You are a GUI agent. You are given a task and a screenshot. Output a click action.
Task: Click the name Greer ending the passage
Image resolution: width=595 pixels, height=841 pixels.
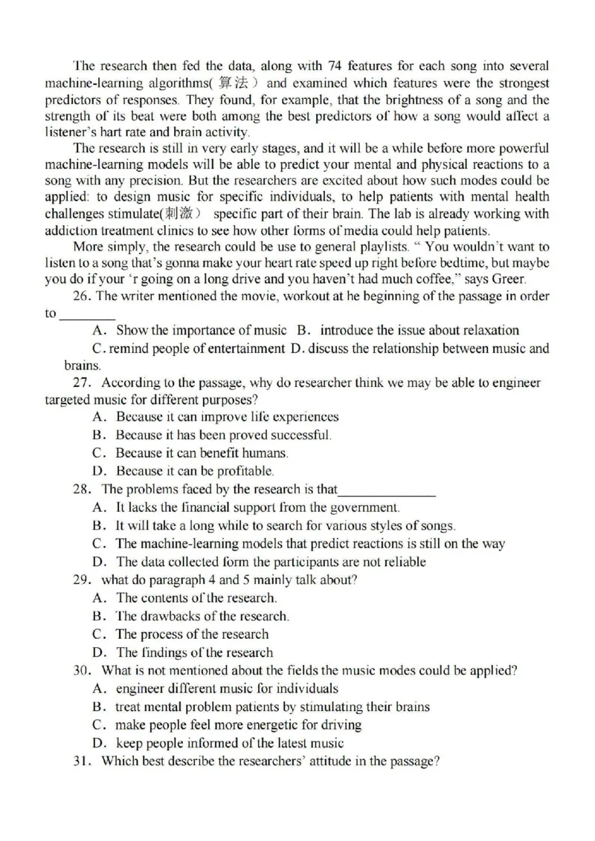[x=507, y=279]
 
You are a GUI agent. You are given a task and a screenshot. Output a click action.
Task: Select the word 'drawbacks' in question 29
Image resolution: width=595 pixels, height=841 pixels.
[x=178, y=617]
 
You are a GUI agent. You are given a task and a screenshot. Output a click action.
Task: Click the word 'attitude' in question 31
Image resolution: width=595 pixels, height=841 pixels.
[x=317, y=761]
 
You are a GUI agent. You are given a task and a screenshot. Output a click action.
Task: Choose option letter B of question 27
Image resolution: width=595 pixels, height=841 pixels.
[x=98, y=435]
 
